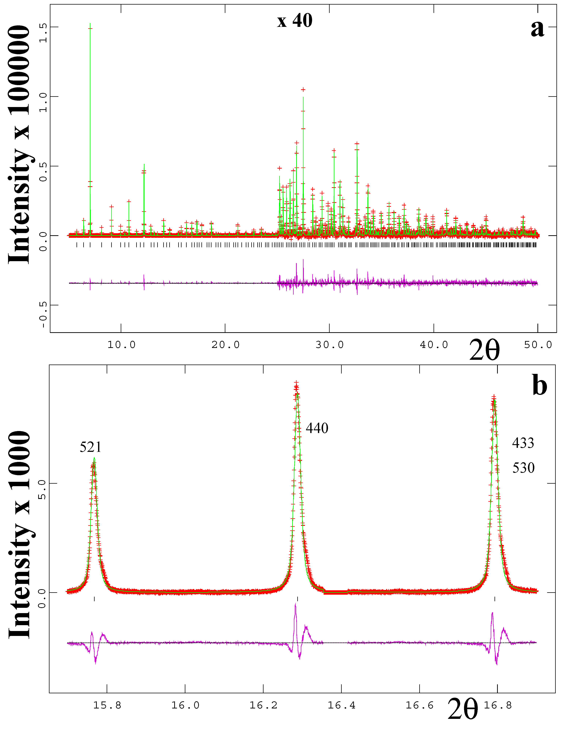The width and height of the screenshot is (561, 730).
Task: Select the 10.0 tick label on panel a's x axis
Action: pyautogui.click(x=121, y=345)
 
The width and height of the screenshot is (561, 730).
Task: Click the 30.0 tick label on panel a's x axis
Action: pyautogui.click(x=330, y=345)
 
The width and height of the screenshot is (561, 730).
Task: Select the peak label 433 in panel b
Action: pyautogui.click(x=523, y=443)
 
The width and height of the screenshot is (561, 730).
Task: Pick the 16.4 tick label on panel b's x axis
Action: pyautogui.click(x=341, y=705)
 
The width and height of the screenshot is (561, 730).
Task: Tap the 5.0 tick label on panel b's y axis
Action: pyautogui.click(x=42, y=490)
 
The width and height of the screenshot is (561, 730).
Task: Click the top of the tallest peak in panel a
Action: pyautogui.click(x=90, y=24)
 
